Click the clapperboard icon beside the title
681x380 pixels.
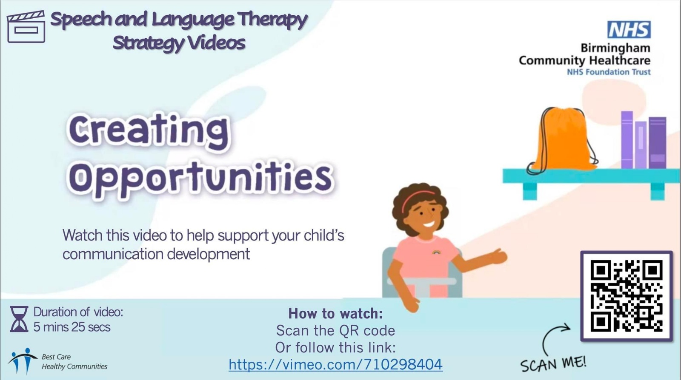pos(26,27)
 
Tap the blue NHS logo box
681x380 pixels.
pos(629,29)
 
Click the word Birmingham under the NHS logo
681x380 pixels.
pos(615,48)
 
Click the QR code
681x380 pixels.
pos(627,296)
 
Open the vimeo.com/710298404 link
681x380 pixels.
pos(335,364)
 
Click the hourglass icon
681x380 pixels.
pos(19,319)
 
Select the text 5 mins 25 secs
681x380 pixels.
pos(72,327)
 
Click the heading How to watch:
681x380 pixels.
pos(335,314)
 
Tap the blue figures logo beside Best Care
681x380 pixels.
pos(23,360)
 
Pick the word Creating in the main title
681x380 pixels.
pos(149,130)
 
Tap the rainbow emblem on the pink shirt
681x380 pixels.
pos(436,252)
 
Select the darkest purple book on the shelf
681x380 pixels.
pos(657,143)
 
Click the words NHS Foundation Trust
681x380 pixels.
pos(609,72)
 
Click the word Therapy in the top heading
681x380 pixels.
pos(272,20)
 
